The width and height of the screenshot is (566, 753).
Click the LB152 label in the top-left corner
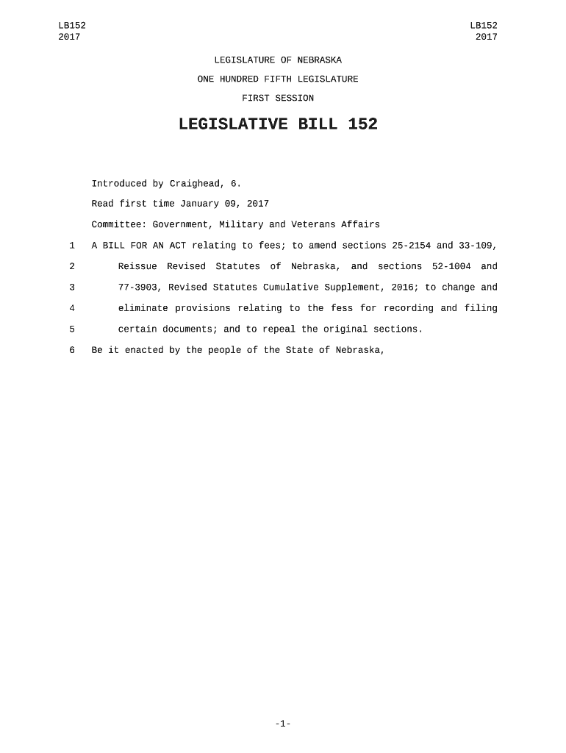pos(71,26)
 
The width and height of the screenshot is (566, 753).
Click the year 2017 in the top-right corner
pos(486,37)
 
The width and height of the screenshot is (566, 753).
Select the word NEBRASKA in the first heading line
pos(319,60)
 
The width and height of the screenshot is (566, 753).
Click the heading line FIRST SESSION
pos(278,98)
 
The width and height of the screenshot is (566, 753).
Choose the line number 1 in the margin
pos(72,246)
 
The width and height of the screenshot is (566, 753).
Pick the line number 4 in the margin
pos(72,308)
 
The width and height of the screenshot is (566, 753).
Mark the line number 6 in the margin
pos(72,350)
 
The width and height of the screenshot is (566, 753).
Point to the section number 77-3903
pos(140,288)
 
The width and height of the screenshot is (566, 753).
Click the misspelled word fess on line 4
pos(342,308)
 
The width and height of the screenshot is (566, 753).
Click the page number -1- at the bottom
pos(283,724)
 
